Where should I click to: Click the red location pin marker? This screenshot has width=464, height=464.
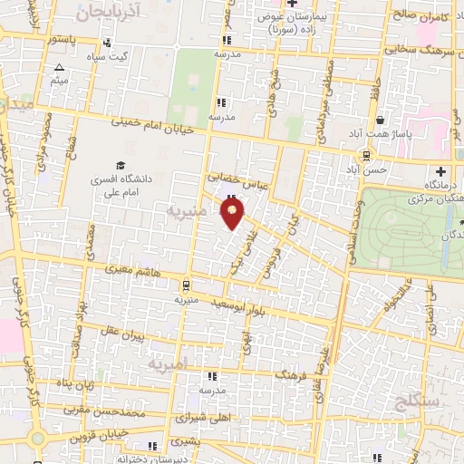[232, 214]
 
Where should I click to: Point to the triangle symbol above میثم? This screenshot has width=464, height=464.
[60, 68]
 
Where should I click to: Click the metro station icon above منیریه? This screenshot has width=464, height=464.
[185, 283]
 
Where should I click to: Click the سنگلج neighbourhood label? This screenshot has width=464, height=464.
[418, 398]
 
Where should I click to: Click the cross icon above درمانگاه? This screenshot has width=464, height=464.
[441, 171]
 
